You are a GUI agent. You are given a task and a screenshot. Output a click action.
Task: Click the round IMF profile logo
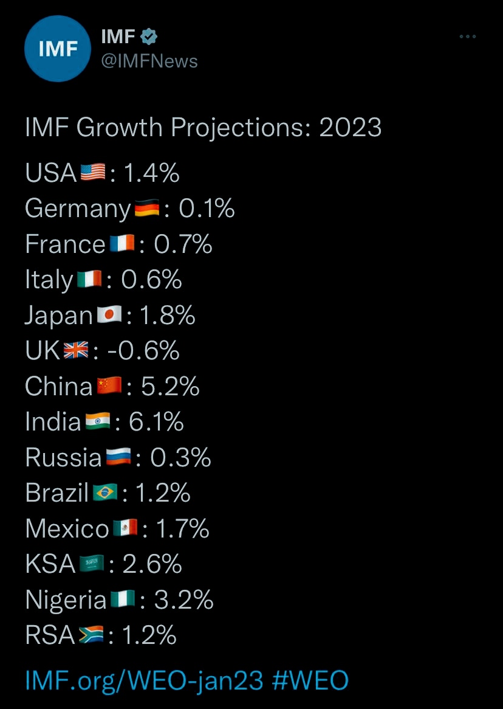[x=58, y=49]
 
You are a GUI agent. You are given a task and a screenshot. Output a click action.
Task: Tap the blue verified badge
[x=149, y=37]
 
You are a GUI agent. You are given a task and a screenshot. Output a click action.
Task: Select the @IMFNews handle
[x=149, y=61]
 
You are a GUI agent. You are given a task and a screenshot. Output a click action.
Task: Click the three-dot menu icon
[x=467, y=37]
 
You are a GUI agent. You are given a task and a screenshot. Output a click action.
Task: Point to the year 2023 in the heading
[x=351, y=128]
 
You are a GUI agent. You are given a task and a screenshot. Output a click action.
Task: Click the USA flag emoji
[x=93, y=173]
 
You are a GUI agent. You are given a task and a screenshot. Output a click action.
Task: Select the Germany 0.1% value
[x=207, y=209]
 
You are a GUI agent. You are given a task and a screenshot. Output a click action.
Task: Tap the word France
[x=65, y=244]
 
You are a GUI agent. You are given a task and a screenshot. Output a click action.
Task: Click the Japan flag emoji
[x=109, y=315]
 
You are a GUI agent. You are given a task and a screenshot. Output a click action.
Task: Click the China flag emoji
[x=109, y=386]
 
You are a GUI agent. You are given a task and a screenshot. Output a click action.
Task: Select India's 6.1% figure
[x=157, y=421]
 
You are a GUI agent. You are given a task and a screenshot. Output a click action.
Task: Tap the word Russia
[x=63, y=457]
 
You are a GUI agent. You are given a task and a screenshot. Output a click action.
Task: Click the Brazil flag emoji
[x=106, y=493]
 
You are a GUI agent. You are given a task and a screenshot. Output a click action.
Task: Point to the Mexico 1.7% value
[x=183, y=528]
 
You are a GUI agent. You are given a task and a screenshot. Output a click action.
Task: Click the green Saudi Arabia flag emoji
[x=92, y=564]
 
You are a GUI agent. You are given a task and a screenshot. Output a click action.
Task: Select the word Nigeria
[x=66, y=600]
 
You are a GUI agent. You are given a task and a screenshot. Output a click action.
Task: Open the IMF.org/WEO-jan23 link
[x=144, y=680]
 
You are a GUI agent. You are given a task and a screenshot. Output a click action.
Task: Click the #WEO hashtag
[x=310, y=680]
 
